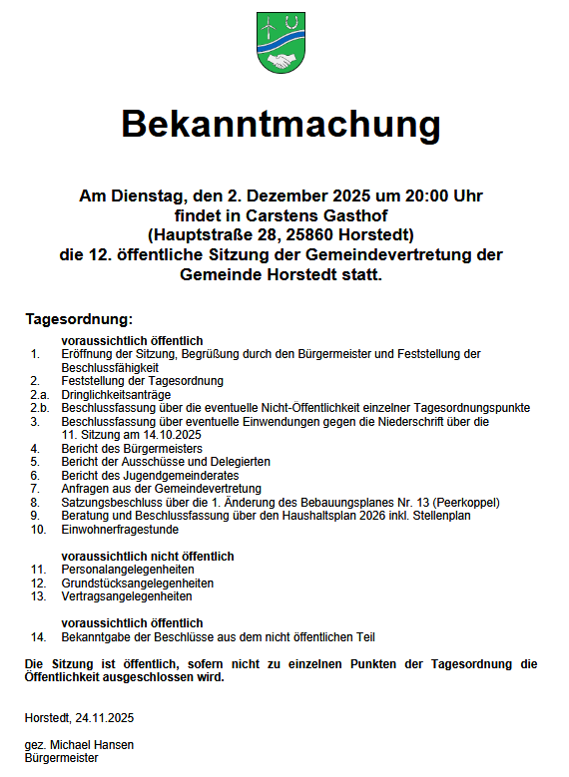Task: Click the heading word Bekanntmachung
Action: [281, 126]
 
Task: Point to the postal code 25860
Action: [323, 235]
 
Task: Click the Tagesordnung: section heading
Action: [79, 319]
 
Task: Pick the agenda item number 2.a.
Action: [38, 394]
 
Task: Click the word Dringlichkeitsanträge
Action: [118, 394]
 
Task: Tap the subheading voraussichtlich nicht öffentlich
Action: [148, 556]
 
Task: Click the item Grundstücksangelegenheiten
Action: [137, 583]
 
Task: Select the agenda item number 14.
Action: [38, 636]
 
